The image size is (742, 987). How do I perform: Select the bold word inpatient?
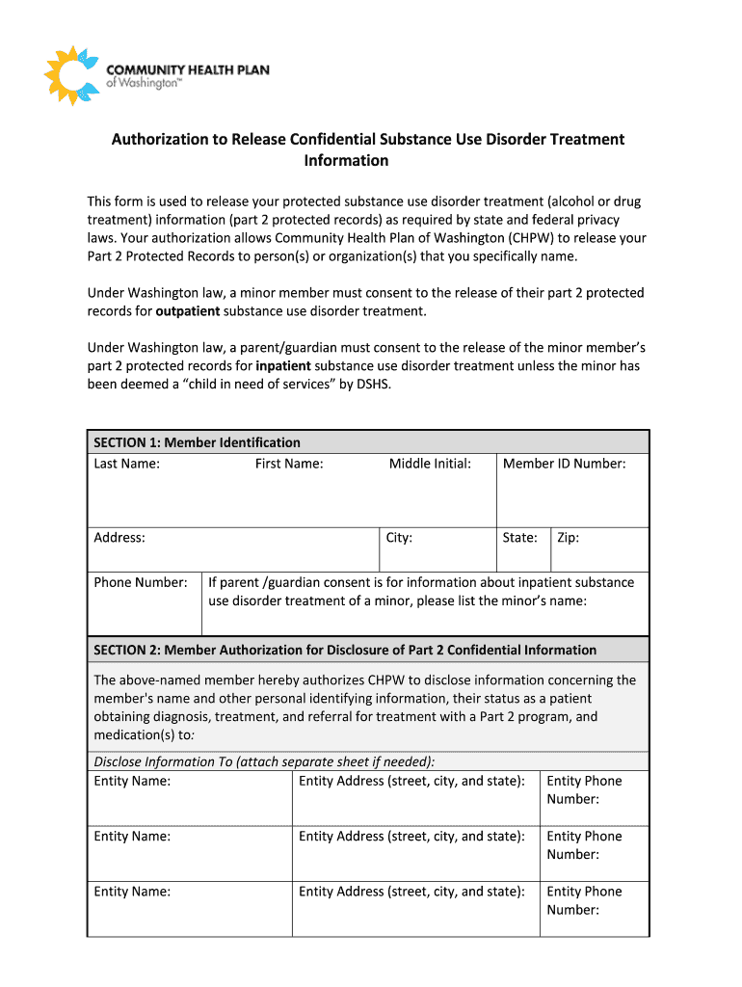click(x=283, y=366)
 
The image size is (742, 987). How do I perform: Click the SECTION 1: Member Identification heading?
click(x=197, y=442)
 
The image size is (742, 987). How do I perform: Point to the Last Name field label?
click(x=126, y=464)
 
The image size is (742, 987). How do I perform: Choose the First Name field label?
click(x=289, y=464)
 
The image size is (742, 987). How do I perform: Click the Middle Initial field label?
click(x=430, y=464)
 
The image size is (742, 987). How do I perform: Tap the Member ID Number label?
click(x=564, y=464)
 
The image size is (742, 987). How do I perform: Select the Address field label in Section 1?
click(x=119, y=538)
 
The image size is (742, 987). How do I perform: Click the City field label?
click(x=399, y=538)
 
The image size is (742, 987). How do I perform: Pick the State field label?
click(x=520, y=538)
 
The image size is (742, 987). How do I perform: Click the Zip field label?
click(x=568, y=538)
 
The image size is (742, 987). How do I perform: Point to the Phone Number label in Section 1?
click(x=141, y=582)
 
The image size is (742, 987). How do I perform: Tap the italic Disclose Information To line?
click(x=264, y=761)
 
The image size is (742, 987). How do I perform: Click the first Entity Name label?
click(x=132, y=781)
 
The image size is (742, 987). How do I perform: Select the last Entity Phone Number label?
click(x=584, y=900)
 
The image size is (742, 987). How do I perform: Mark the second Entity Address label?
click(x=411, y=836)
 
